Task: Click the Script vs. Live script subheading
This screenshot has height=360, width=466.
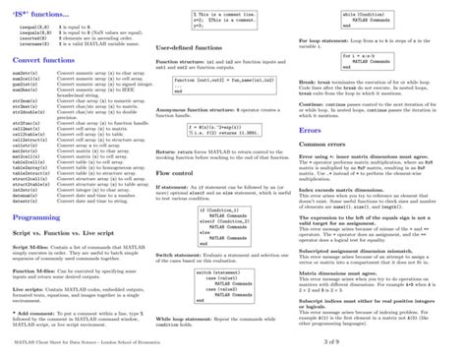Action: click(58, 235)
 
